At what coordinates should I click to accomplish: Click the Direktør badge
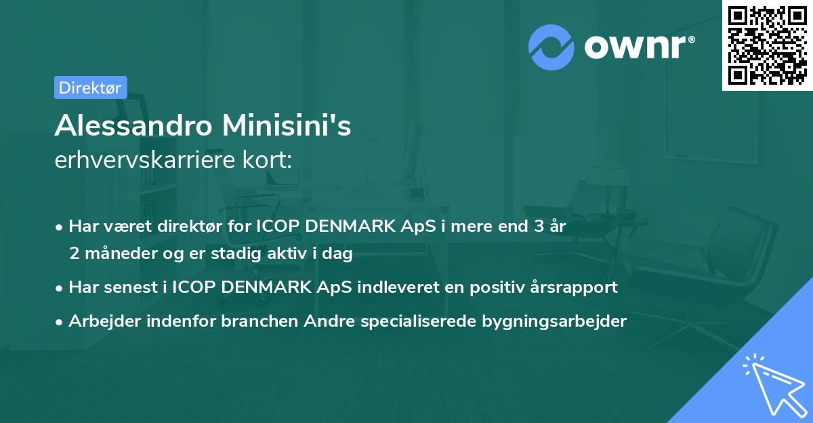[x=90, y=87]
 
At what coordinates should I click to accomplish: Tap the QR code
[x=767, y=45]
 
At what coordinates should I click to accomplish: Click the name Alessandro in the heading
[x=131, y=126]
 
